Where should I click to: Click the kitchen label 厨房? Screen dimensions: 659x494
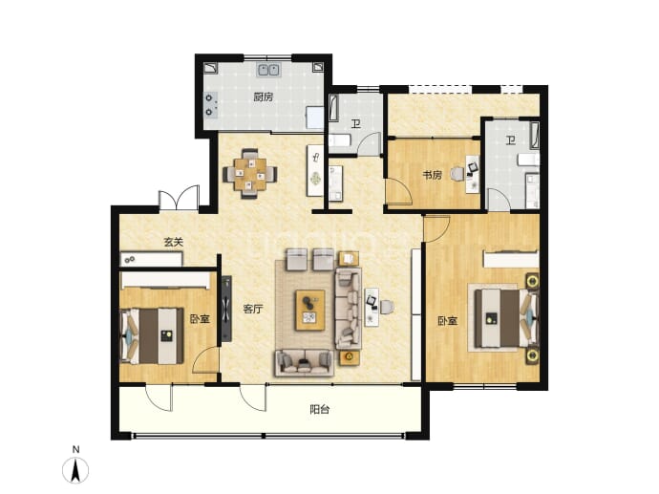coord(263,97)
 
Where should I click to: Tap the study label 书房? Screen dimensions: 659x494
coord(432,175)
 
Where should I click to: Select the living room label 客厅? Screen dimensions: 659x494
coord(253,309)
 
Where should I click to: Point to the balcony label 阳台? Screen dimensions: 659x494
coord(319,409)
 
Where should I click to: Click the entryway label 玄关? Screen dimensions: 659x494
coord(174,242)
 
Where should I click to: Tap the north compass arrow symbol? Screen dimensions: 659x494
coord(75,470)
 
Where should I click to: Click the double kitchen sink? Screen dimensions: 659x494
coord(268,70)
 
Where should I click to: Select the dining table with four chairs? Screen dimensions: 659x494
coord(250,173)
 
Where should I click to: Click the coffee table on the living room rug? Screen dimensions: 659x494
coord(310,310)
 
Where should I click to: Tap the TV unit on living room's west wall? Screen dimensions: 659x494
coord(226,309)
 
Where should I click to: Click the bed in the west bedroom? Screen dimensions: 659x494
coord(152,336)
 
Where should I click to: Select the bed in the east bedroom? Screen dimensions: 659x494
coord(506,319)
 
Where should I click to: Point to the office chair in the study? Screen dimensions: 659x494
coord(457,174)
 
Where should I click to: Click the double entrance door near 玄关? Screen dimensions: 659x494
coord(179,198)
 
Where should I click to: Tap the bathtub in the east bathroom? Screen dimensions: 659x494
coord(534,136)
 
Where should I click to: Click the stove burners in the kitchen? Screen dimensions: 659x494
coord(210,105)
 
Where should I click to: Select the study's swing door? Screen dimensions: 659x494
coord(399,192)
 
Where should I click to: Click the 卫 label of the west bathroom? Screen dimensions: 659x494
coord(356,124)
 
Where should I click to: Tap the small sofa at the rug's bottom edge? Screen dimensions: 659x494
coord(304,362)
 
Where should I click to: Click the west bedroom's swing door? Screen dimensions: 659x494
coord(205,360)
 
